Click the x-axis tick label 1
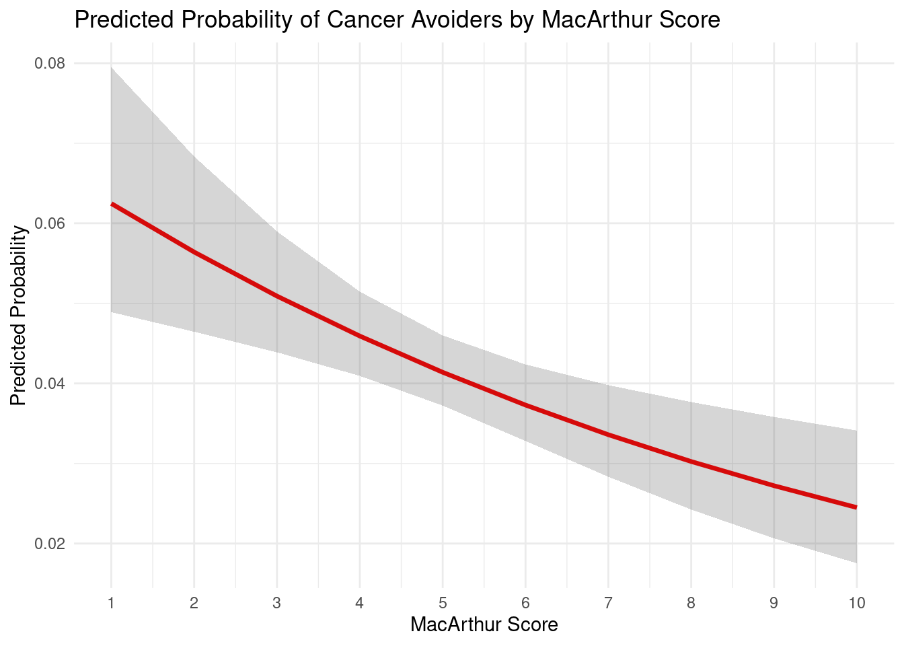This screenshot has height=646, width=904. pyautogui.click(x=111, y=603)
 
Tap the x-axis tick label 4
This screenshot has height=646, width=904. pyautogui.click(x=359, y=603)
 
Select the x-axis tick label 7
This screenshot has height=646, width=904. pyautogui.click(x=608, y=603)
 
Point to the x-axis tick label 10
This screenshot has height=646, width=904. pyautogui.click(x=856, y=603)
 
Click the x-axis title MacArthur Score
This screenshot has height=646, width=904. pyautogui.click(x=484, y=625)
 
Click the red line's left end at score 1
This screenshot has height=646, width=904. pyautogui.click(x=112, y=203)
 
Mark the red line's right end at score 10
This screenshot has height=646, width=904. pyautogui.click(x=856, y=507)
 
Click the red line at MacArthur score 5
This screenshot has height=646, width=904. pyautogui.click(x=443, y=372)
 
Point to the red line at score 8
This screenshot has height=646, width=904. pyautogui.click(x=691, y=461)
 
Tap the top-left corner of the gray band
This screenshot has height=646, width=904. pyautogui.click(x=112, y=67)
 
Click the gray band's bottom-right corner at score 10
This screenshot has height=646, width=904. pyautogui.click(x=856, y=562)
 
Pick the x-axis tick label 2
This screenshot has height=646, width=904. pyautogui.click(x=194, y=603)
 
